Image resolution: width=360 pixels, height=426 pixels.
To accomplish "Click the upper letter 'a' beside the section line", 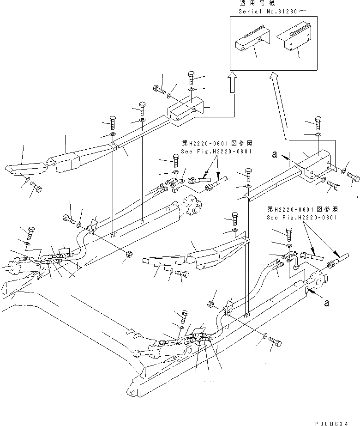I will point(275,156).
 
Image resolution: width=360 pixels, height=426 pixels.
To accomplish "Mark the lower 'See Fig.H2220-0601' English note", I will point(302,217).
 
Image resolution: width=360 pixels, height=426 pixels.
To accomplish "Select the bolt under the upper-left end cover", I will point(36,188).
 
